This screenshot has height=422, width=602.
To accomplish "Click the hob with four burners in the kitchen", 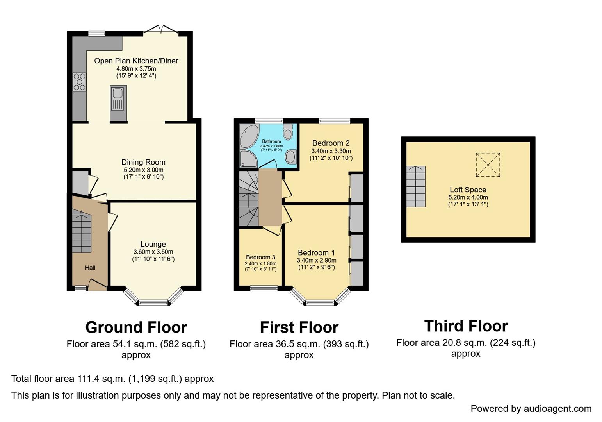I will tap(79, 82).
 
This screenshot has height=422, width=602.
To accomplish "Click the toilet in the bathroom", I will tap(288, 132).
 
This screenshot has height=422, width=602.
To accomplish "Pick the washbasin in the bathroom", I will tap(290, 157).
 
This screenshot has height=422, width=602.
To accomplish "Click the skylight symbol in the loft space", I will tap(488, 165).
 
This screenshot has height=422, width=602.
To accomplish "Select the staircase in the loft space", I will tap(415, 186).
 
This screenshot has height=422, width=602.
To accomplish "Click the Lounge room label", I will tap(153, 244).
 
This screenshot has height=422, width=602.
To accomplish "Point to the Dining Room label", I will tap(143, 162).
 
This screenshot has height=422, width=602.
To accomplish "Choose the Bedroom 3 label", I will tap(260, 257).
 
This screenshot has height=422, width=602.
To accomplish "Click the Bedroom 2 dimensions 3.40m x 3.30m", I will tap(331, 151).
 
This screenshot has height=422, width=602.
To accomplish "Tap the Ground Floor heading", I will tap(136, 327).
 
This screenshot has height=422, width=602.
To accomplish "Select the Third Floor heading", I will tap(466, 326).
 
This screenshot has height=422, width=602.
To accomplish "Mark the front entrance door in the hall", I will tap(97, 285).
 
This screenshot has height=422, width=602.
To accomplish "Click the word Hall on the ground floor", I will tap(90, 268).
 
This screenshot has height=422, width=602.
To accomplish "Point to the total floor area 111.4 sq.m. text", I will tap(112, 379).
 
